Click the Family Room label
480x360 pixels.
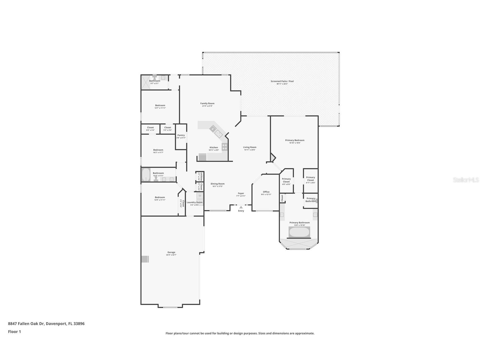tap(207, 104)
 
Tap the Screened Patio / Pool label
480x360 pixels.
tap(282, 81)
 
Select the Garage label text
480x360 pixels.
tap(171, 252)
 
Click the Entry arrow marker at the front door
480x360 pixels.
tap(241, 207)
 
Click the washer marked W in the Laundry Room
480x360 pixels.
tap(200, 196)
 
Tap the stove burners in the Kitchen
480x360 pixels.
tap(225, 147)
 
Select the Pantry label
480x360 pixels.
tap(181, 135)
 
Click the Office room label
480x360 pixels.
tap(266, 192)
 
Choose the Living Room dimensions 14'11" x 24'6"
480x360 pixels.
tap(249, 150)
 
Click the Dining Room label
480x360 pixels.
tap(218, 184)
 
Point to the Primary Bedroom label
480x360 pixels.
tap(294, 140)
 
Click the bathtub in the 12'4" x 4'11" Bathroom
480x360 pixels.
tap(146, 175)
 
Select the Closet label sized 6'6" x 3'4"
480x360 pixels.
tap(150, 128)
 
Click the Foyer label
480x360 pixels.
tap(241, 193)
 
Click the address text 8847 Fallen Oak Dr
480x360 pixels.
tap(26, 323)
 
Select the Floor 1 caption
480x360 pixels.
tap(14, 331)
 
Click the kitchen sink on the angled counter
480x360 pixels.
tap(218, 133)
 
